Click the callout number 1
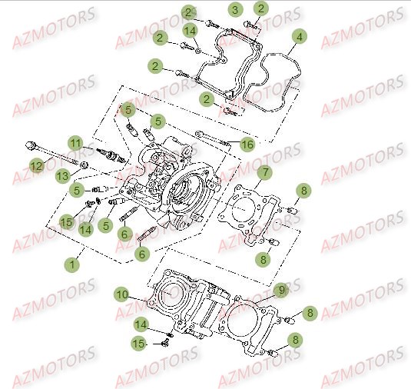point(72,264)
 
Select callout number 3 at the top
point(235,10)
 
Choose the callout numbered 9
point(281,290)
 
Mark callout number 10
point(122,294)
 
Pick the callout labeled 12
point(36,165)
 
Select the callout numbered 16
point(247,144)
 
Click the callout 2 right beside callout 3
point(261,9)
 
